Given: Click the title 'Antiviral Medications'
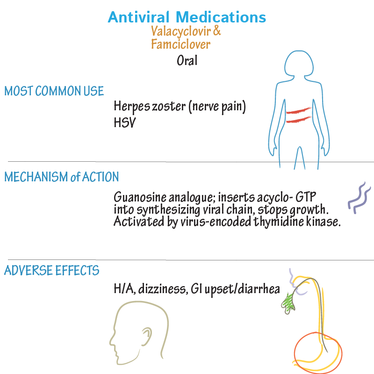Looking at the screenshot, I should tap(187, 18).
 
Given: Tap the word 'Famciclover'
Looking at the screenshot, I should tap(180, 45).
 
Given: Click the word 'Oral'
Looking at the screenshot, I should tap(187, 61).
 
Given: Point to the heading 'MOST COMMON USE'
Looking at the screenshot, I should tap(54, 91).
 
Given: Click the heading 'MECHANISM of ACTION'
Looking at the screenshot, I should tap(61, 177).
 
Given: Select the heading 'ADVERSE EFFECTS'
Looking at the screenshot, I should tap(51, 271).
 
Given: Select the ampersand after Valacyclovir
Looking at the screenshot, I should tap(217, 32).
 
